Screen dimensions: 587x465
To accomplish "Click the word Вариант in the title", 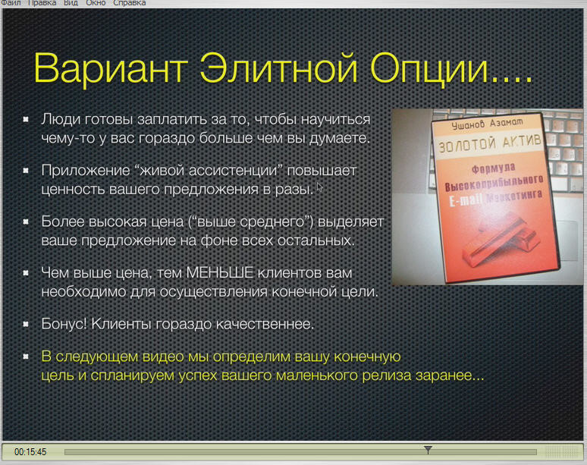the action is (x=111, y=68).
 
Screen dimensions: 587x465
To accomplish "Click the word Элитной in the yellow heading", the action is (x=278, y=68).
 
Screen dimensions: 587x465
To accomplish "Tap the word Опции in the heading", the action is (x=430, y=69).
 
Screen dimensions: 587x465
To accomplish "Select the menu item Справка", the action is (x=130, y=3).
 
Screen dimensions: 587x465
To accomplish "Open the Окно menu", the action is (x=96, y=3).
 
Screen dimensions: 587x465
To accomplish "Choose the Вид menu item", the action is (x=71, y=3).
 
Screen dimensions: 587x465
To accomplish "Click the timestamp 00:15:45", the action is (x=30, y=452).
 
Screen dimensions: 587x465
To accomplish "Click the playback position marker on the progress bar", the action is (x=428, y=449).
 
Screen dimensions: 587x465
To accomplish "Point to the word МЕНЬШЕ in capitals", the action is (x=220, y=272).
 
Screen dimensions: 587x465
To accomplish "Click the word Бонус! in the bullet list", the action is (x=64, y=323).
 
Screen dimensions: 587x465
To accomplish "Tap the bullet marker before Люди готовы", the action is (x=26, y=119).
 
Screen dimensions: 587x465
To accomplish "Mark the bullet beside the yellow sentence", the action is (x=26, y=356).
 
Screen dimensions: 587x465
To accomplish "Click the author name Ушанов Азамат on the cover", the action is (x=487, y=123).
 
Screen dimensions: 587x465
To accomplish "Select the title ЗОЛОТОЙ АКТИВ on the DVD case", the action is (x=490, y=143).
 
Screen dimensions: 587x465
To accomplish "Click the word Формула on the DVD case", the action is (x=494, y=168).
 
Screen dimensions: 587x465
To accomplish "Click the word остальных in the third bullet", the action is (x=316, y=240).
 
